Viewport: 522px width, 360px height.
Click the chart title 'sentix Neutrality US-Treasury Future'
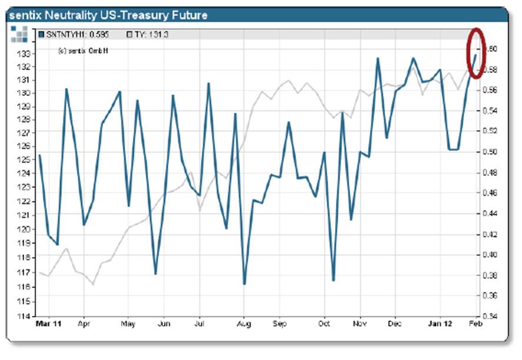point(108,14)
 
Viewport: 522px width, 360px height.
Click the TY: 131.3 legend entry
point(148,35)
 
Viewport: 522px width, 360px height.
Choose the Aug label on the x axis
point(243,324)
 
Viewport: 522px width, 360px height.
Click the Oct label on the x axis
point(324,324)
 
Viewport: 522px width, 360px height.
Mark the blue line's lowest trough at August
point(244,284)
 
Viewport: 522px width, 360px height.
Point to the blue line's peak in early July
point(209,84)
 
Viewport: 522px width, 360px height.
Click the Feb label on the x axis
point(475,324)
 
